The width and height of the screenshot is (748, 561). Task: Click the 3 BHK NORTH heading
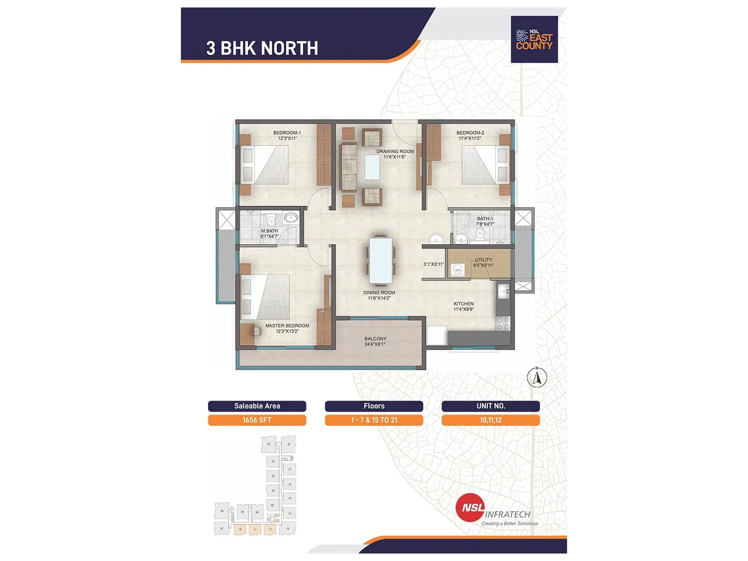[262, 48]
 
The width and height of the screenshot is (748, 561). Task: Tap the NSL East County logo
[534, 40]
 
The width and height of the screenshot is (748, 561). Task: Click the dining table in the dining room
[381, 260]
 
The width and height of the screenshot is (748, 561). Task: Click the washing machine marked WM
[458, 270]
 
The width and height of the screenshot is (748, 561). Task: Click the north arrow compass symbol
[537, 377]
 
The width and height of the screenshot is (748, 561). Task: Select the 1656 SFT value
[257, 420]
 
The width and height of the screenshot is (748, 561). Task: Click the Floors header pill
[374, 406]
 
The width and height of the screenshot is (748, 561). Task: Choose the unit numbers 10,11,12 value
[490, 420]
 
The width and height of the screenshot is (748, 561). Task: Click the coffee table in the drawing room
[373, 167]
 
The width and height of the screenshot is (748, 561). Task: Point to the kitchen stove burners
[503, 324]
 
